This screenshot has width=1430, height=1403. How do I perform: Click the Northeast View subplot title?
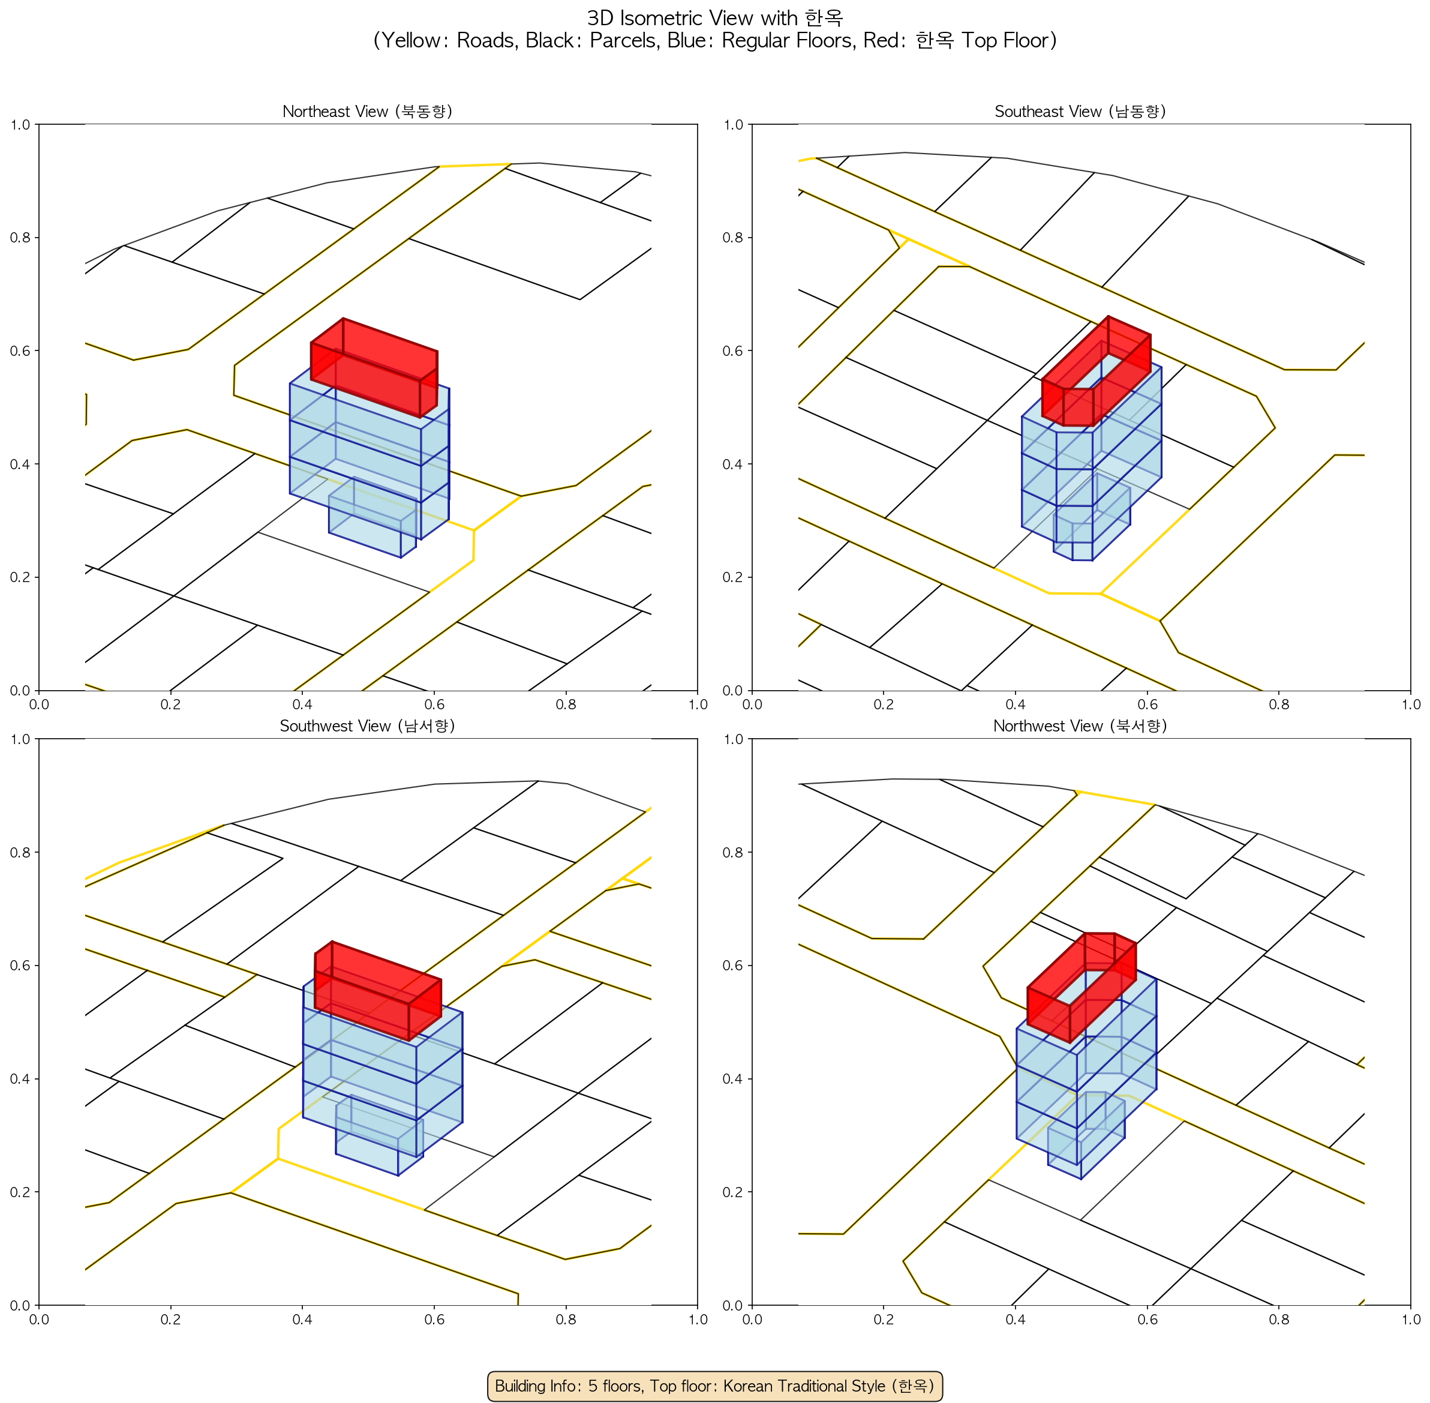coord(367,111)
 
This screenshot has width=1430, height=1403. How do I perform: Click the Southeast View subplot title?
coord(1080,111)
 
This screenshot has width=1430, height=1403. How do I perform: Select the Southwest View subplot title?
coord(367,726)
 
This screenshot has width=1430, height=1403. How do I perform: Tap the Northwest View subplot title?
coord(1080,726)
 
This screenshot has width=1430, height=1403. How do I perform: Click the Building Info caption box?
coord(714,1386)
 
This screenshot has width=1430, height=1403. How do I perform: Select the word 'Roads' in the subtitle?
coord(486,41)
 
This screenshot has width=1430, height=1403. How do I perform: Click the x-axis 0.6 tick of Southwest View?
coord(434,1319)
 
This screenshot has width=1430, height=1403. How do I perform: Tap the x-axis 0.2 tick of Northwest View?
coord(884,1319)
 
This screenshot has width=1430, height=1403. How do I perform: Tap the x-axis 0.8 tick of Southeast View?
coord(1279,705)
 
